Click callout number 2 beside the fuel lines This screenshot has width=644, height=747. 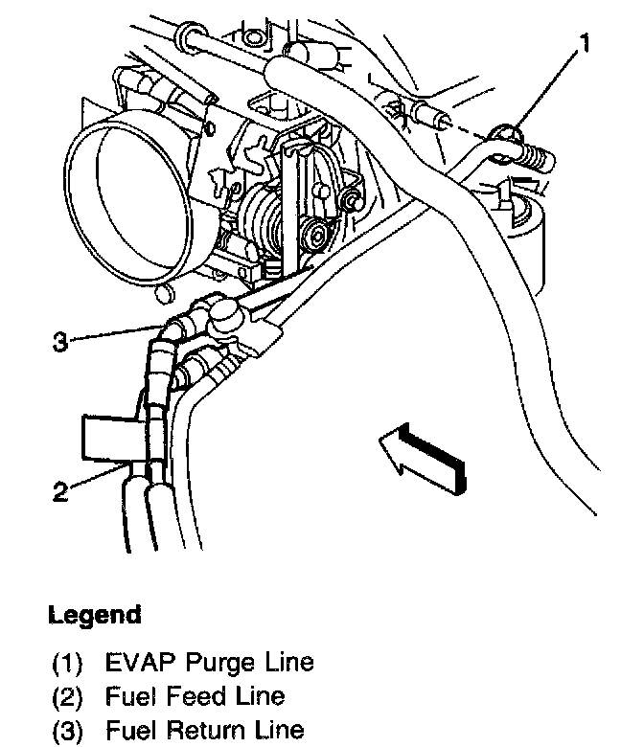click(x=60, y=492)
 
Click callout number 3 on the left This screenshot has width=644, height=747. click(x=60, y=342)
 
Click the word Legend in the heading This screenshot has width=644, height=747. click(x=94, y=614)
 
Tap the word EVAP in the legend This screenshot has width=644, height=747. click(x=134, y=662)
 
